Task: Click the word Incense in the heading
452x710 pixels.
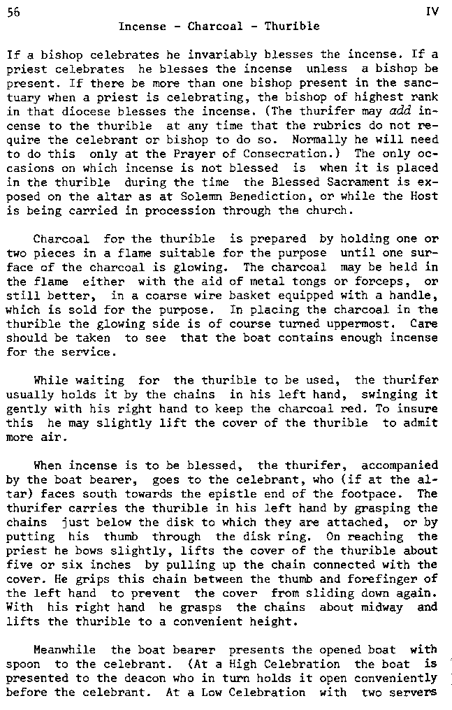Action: [143, 27]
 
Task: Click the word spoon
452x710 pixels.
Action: [23, 665]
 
